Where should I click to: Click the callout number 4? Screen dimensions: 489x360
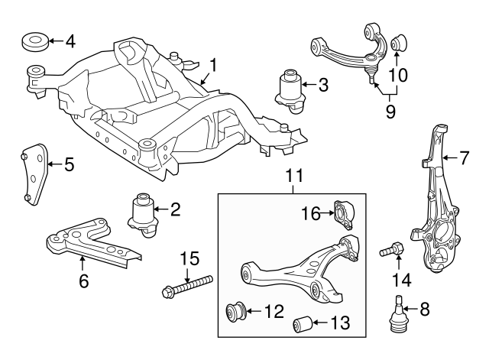click(70, 41)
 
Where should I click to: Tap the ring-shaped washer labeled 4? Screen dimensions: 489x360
click(36, 41)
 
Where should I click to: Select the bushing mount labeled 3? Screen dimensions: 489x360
click(289, 92)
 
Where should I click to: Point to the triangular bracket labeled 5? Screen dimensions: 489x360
click(34, 174)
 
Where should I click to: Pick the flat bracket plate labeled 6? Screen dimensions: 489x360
click(92, 242)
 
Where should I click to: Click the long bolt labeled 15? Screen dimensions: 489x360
click(187, 286)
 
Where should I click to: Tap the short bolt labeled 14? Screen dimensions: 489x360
click(392, 250)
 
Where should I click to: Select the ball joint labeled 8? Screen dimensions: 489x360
click(398, 316)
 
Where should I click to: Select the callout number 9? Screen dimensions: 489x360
click(390, 111)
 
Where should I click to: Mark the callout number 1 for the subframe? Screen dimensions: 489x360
click(213, 66)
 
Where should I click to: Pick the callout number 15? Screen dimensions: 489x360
click(190, 258)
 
